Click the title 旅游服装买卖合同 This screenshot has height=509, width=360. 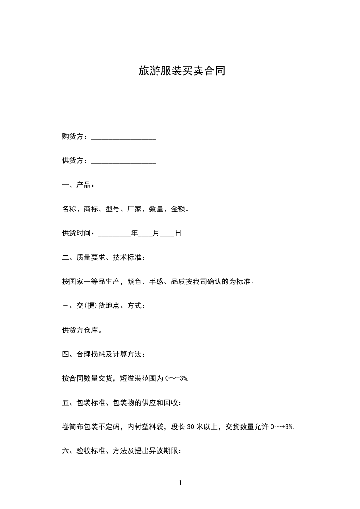[x=182, y=71]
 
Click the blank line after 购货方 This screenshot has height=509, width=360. [x=123, y=137]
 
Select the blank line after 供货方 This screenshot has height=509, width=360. [x=123, y=161]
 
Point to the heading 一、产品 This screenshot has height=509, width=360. [x=78, y=185]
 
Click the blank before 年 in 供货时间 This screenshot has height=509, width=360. [x=114, y=234]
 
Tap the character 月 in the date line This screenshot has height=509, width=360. [x=156, y=234]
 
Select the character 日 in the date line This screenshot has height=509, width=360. [x=178, y=234]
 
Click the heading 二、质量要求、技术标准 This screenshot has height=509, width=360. [x=104, y=258]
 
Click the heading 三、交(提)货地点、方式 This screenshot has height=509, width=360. [x=104, y=306]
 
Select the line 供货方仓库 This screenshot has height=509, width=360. [x=82, y=330]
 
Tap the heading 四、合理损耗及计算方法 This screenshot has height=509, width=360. [x=104, y=354]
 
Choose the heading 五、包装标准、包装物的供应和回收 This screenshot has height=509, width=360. [x=122, y=402]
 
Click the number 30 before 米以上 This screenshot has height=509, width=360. [x=191, y=426]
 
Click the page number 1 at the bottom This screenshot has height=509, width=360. [x=180, y=483]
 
